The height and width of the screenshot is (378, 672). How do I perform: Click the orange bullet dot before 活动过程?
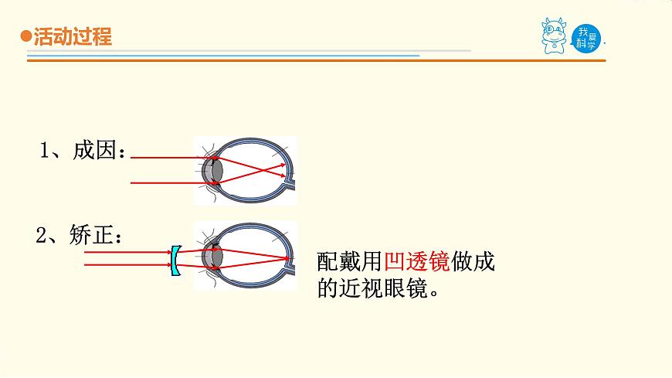[25, 36]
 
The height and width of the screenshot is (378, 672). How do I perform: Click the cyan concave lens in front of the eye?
[175, 261]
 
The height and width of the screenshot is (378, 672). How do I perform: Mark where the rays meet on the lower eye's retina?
[290, 258]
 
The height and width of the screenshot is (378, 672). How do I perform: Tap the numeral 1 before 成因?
[46, 151]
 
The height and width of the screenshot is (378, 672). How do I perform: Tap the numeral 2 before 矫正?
[42, 236]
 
